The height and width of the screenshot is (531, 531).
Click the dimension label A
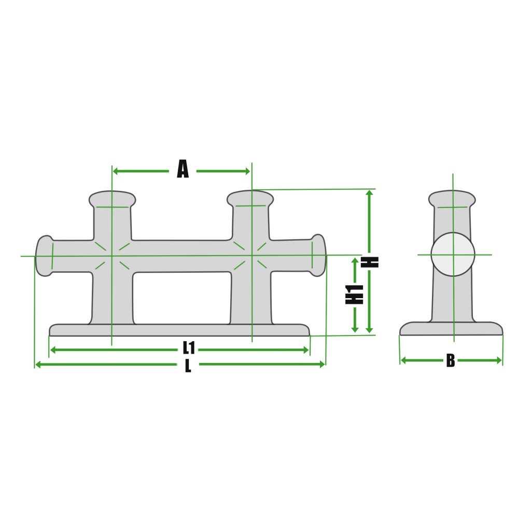click(x=183, y=170)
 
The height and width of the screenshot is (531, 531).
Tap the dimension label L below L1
click(x=188, y=366)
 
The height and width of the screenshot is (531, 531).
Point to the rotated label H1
click(x=355, y=294)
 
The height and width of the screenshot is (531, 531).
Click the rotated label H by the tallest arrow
click(x=372, y=262)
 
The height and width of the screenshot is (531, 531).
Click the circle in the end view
click(x=453, y=254)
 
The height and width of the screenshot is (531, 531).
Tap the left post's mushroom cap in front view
click(x=112, y=199)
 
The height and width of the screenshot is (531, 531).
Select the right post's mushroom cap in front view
click(x=251, y=198)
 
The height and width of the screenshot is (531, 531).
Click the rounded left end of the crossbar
click(x=44, y=256)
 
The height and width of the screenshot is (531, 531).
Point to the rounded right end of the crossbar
click(x=318, y=255)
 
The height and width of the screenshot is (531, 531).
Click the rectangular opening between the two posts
click(x=181, y=298)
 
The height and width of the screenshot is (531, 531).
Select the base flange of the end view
click(x=451, y=329)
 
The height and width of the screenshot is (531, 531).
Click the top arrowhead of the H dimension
click(x=369, y=193)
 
